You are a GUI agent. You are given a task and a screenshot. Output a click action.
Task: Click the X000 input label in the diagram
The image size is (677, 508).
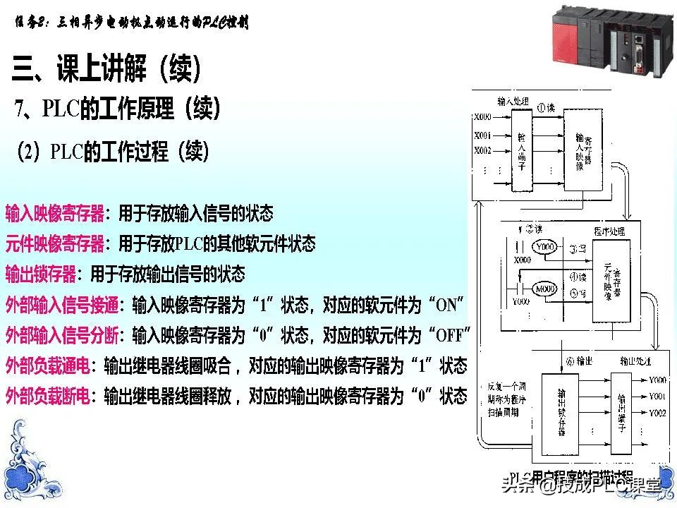pyautogui.click(x=483, y=116)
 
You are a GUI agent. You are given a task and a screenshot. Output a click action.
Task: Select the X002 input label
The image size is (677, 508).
pyautogui.click(x=483, y=150)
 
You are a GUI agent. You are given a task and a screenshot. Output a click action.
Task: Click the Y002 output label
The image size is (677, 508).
pyautogui.click(x=657, y=412)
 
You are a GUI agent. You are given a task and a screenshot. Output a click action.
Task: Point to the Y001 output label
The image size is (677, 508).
pyautogui.click(x=657, y=396)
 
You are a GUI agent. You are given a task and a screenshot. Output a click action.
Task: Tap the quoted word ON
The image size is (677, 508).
pyautogui.click(x=446, y=305)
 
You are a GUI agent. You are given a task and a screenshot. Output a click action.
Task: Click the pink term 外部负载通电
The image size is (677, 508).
pyautogui.click(x=47, y=365)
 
